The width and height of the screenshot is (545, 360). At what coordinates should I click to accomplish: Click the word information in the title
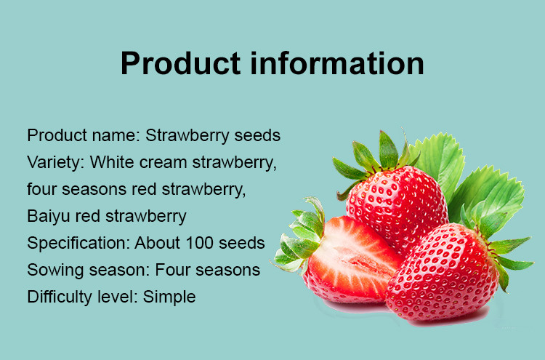coord(337,63)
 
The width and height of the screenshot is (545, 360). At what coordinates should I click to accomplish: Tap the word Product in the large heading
coord(181,63)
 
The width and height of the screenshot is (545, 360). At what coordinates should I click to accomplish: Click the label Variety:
coord(56,163)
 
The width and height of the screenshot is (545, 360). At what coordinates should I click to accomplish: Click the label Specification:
coord(78,244)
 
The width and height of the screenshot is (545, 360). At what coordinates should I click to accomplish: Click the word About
coord(158,243)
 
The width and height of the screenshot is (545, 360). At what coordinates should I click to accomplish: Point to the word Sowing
coord(56,271)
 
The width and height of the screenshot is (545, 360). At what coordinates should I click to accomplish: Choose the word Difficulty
coord(60,297)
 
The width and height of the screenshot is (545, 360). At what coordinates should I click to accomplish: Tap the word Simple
coord(169,297)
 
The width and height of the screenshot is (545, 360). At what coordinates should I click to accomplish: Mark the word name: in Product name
coord(116,136)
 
